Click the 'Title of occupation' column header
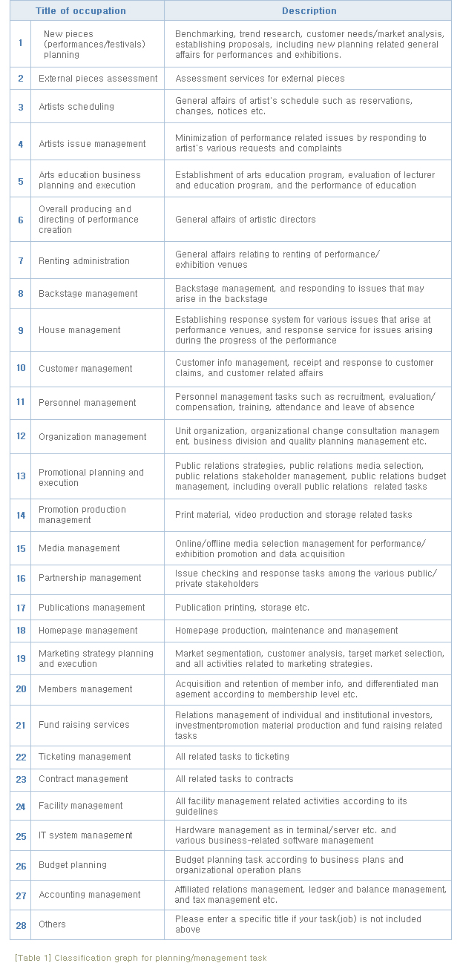pos(81,11)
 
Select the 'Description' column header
pos(309,11)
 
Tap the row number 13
pos(21,476)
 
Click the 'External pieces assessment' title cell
pos(98,79)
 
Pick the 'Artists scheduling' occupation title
pos(76,107)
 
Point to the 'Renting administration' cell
pos(84,261)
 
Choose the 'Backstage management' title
pos(88,294)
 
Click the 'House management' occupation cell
pos(79,330)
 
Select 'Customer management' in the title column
pos(85,369)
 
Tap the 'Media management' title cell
pos(79,548)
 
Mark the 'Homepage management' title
pos(88,631)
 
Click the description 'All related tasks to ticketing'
pos(231,757)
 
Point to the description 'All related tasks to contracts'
pos(234,779)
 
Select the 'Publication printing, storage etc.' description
pos(242,608)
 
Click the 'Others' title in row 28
pos(52,924)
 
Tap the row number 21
pos(21,725)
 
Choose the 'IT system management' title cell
pos(85,835)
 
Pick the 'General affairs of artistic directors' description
pos(245,220)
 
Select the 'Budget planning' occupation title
pos(73,865)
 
